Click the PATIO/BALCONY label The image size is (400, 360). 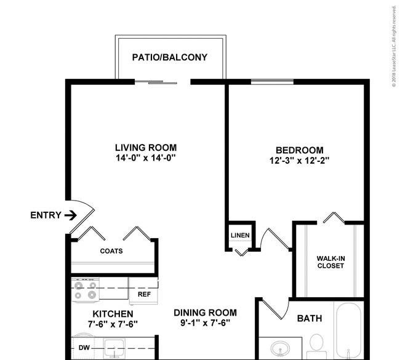coord(170,57)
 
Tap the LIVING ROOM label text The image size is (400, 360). coord(146,148)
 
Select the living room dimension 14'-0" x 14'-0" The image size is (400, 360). coord(146,158)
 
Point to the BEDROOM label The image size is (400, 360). coord(300,150)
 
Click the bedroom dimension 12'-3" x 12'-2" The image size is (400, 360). coord(300,161)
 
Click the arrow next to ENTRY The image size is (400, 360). coord(71,215)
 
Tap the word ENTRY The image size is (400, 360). coord(46,215)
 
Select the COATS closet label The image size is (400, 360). coord(111,251)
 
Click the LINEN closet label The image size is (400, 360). coord(240,235)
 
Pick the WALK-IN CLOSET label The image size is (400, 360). coord(330,262)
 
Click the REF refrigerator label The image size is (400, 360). coord(144,294)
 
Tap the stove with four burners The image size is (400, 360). coord(86,290)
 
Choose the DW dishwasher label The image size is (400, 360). coord(84,348)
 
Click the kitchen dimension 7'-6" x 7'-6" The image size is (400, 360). coord(113,324)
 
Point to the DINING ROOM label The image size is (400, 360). coord(206,313)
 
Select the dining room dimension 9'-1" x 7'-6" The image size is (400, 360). coord(206,323)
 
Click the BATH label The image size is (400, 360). coord(310,318)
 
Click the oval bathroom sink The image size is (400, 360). coord(281,349)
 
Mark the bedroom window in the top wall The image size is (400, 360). coord(272,82)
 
